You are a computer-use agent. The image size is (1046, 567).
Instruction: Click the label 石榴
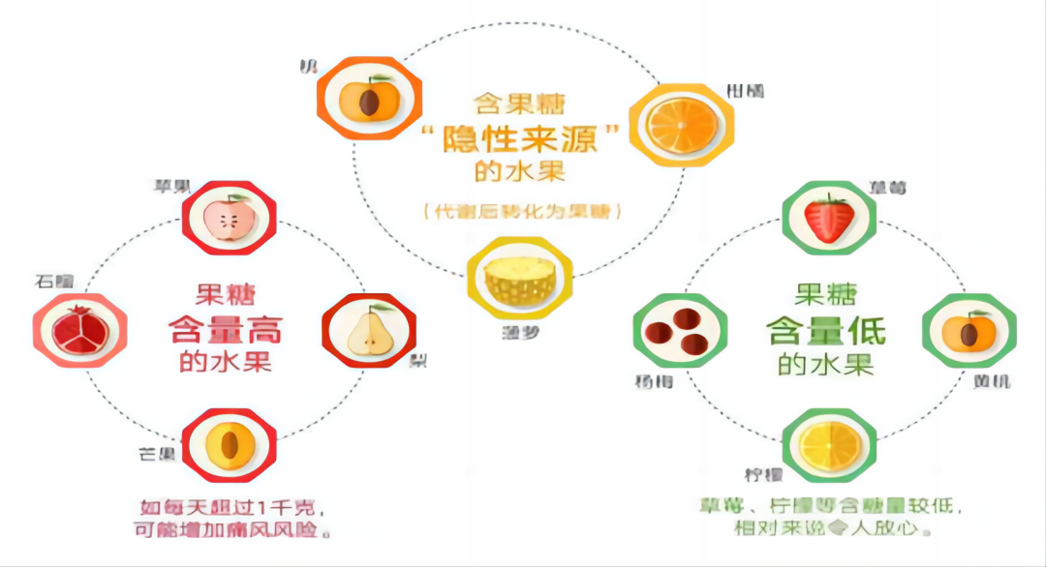53,283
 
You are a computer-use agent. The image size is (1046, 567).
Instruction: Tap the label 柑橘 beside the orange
746,91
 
